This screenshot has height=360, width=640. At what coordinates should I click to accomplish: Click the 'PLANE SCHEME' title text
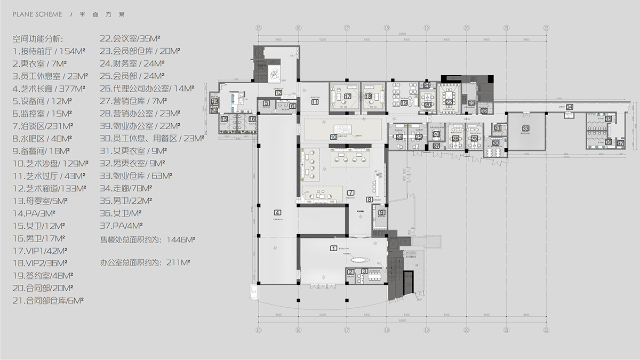(35, 14)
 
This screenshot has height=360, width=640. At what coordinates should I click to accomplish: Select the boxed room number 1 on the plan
(334, 248)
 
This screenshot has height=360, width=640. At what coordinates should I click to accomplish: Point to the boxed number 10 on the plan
(333, 137)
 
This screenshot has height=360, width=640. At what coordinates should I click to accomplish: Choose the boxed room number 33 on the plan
(525, 129)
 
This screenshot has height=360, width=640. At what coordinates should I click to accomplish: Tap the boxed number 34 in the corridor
(570, 108)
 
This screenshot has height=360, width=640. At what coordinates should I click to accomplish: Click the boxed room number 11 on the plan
(315, 101)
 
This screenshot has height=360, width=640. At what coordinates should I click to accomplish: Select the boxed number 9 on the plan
(381, 212)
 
